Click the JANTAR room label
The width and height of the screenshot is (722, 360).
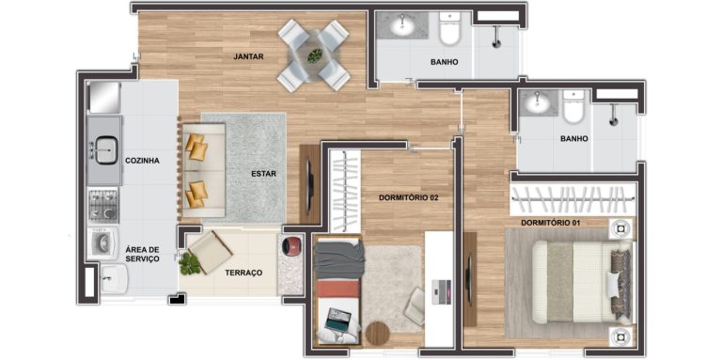pos(248,57)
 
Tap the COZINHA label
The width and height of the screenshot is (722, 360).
pos(142,161)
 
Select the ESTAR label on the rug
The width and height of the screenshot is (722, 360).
pos(263,174)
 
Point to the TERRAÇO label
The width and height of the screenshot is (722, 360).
pos(243,273)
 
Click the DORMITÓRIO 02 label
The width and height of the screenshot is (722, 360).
pos(408,198)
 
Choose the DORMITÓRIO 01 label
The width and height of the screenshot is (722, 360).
pos(550,223)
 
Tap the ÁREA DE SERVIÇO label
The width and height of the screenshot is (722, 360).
pos(143,254)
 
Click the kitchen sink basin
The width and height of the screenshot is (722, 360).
pos(106,149)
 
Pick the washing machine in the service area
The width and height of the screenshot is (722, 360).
pos(103,243)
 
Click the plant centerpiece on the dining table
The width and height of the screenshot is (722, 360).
pos(316,56)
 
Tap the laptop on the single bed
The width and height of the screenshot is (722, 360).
pos(337,319)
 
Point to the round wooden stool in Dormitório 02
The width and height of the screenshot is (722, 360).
pos(378,334)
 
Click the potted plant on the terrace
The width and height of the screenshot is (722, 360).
pos(190,264)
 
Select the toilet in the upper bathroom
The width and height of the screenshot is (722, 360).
pos(449,28)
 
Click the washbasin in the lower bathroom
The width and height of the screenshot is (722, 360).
pos(538,102)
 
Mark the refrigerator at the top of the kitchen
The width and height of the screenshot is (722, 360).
pos(104,97)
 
